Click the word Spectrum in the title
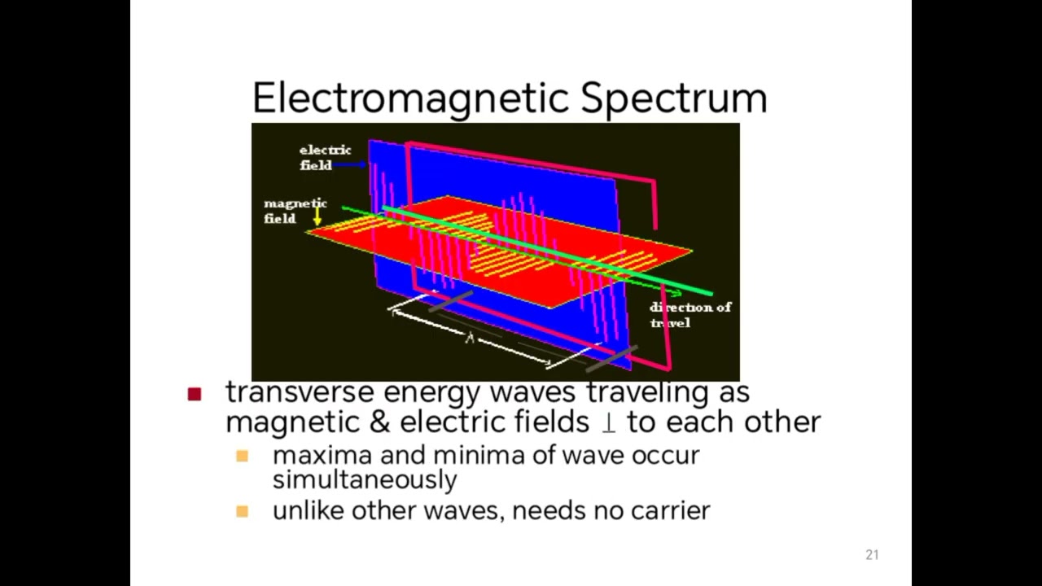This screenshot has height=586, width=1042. coord(673,98)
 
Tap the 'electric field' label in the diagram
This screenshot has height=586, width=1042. coord(324,157)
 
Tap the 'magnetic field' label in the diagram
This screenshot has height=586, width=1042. coord(294,211)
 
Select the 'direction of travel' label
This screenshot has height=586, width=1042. coord(690,314)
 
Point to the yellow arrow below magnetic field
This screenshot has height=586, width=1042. coord(317,216)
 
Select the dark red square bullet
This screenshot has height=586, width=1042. coord(194,394)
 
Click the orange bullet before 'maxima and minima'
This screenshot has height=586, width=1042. coord(242,456)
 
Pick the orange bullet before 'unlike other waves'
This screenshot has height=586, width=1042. coord(242,511)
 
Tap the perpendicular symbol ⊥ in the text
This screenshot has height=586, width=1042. coord(607,422)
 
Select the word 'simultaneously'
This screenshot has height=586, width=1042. coord(364,479)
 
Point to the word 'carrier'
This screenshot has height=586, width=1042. coord(672,510)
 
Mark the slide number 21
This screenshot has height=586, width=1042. coord(872,555)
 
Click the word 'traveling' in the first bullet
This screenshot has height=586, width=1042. coord(648,392)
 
